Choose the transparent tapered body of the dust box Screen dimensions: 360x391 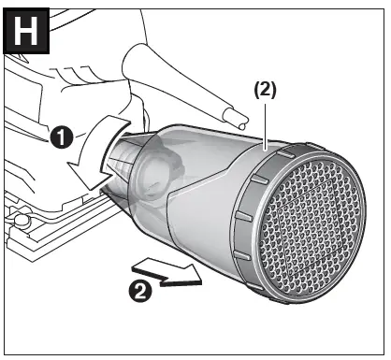click(x=187, y=187)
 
